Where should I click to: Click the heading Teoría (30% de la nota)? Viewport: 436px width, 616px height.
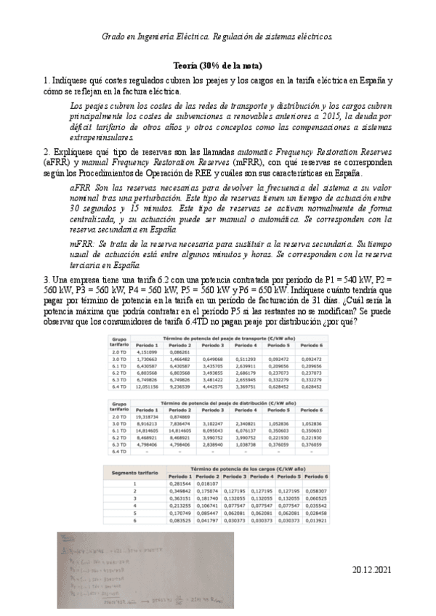click(x=217, y=65)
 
